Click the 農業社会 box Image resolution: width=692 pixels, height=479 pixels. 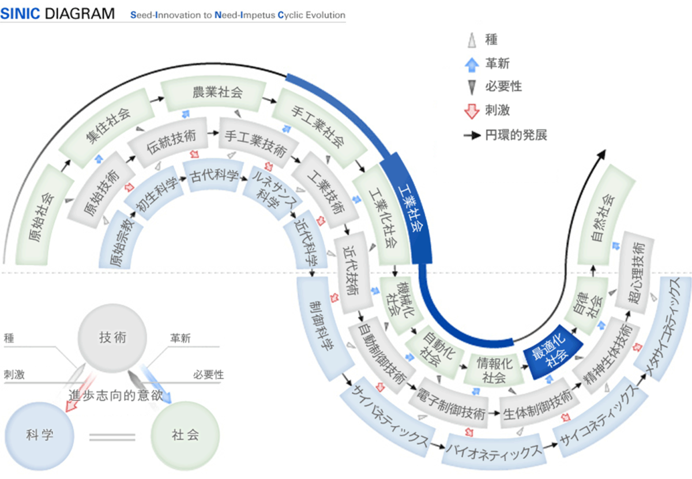click(213, 93)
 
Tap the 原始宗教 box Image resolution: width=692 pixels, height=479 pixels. click(117, 240)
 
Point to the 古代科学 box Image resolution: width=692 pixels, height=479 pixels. click(213, 176)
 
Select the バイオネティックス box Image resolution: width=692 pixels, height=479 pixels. click(494, 451)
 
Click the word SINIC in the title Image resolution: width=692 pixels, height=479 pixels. click(20, 14)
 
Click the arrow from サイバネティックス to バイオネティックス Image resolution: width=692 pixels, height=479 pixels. click(437, 447)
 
